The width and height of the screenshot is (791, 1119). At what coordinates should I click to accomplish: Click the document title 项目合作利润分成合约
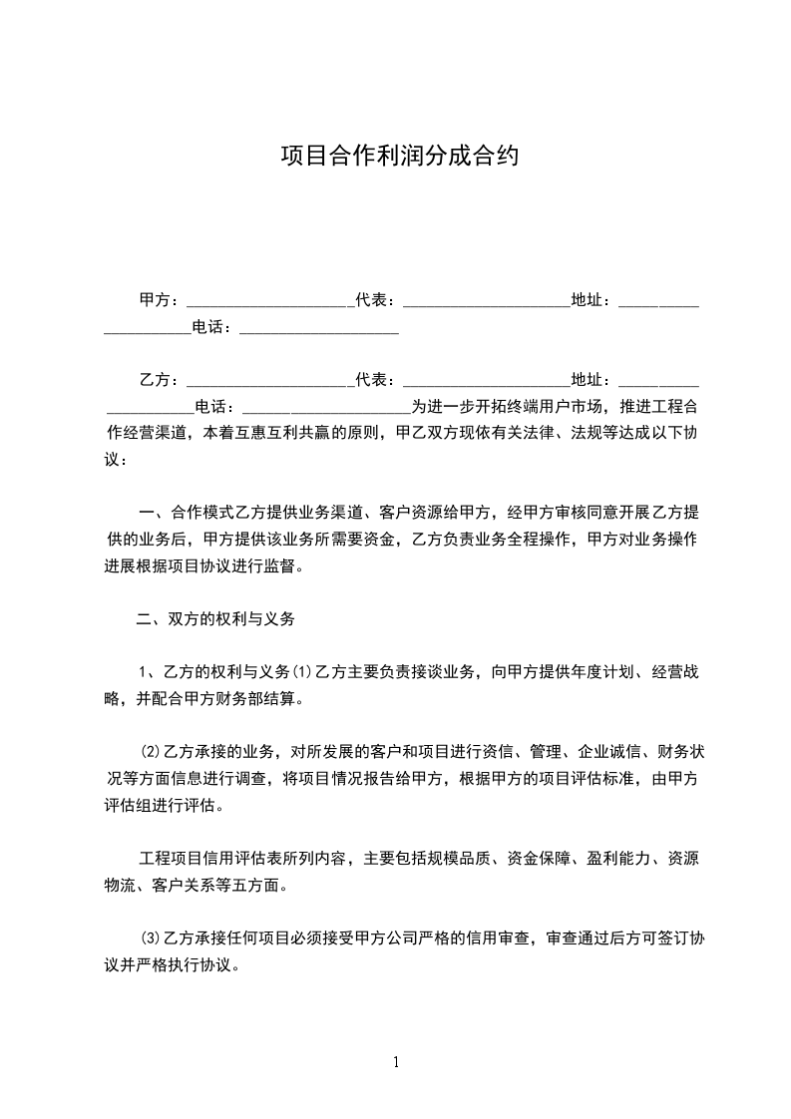coord(398,158)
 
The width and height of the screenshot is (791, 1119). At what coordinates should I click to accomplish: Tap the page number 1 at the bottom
coord(396,1062)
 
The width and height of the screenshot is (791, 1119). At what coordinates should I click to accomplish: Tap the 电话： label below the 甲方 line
coord(215,326)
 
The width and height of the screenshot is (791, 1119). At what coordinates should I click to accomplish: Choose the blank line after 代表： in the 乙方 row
coord(485,380)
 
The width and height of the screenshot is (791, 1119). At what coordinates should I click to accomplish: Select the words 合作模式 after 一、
coord(203,514)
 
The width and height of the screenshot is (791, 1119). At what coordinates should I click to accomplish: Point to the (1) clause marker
coord(303,672)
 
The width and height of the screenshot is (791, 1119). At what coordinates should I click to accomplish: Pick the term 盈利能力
coord(618,859)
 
